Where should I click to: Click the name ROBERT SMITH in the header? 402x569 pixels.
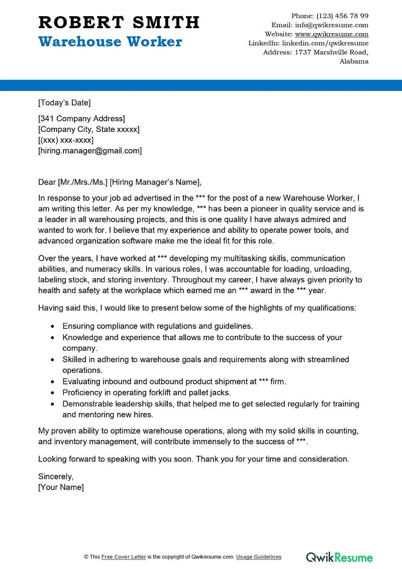pos(119,22)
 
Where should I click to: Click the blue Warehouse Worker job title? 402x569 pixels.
pos(110,42)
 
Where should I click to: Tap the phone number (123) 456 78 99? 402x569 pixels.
pos(343,16)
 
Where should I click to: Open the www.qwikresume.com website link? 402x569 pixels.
pos(332,34)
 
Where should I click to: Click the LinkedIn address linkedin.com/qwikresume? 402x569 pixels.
pos(325,43)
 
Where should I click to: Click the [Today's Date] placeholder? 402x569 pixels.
pos(64,103)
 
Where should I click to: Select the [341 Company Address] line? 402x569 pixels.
pos(81,119)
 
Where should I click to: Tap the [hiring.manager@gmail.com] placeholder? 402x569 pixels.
pos(90,150)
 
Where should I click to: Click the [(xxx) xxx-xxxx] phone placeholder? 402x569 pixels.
pos(66,140)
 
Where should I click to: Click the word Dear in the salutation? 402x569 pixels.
pos(47,182)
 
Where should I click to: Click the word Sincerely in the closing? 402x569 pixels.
pos(56,476)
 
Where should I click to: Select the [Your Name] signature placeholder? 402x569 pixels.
pos(61,487)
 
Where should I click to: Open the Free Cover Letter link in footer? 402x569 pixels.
pos(124,557)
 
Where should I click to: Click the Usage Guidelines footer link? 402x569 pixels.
pos(259,557)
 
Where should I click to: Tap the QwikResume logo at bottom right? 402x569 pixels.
pos(340,557)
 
